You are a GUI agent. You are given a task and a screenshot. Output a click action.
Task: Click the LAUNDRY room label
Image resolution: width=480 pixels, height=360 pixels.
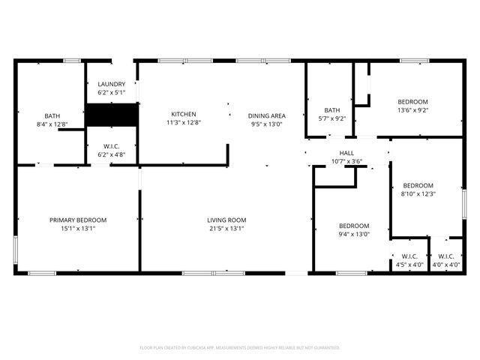tap(111, 85)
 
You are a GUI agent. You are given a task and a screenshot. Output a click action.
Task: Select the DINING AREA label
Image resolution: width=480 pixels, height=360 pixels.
tap(267, 115)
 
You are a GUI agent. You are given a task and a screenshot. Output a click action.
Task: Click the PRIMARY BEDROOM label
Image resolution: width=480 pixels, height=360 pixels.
tap(78, 220)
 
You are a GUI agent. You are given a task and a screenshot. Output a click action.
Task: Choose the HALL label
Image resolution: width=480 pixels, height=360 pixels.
tap(347, 152)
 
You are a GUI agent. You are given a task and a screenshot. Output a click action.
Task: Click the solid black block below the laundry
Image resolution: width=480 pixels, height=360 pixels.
tap(111, 115)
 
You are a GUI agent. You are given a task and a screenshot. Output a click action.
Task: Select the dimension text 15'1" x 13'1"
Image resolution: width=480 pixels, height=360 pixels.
tap(78, 229)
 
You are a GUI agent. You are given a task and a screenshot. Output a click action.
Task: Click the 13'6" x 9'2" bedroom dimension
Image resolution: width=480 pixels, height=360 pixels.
tap(412, 110)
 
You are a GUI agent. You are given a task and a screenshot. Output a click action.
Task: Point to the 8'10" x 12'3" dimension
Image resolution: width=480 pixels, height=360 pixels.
tap(418, 194)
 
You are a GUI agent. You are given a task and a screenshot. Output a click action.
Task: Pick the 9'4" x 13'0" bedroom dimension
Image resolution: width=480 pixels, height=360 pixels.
tap(353, 235)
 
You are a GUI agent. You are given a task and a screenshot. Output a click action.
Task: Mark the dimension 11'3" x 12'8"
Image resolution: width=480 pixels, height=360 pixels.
tap(183, 123)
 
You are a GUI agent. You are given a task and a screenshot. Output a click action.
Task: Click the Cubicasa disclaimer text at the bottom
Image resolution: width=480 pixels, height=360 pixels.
tap(240, 348)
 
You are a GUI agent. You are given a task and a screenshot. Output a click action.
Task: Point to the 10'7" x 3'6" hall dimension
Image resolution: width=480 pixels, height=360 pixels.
tap(347, 161)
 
